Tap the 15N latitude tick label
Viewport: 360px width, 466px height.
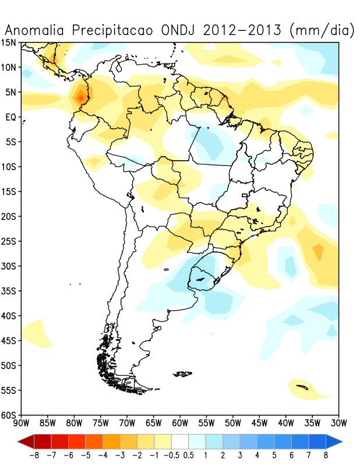tap(9, 43)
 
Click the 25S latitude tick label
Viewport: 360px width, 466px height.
tap(9, 241)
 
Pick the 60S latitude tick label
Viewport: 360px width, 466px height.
tap(9, 415)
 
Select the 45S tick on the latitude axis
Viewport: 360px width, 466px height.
tap(9, 341)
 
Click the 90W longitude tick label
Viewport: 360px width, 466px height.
tap(22, 422)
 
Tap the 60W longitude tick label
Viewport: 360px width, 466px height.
tap(180, 422)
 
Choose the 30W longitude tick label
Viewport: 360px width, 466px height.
tap(338, 422)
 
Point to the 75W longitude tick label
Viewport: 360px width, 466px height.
tap(101, 422)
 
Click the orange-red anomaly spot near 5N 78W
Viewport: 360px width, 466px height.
tap(80, 97)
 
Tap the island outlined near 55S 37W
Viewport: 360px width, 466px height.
tap(302, 386)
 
